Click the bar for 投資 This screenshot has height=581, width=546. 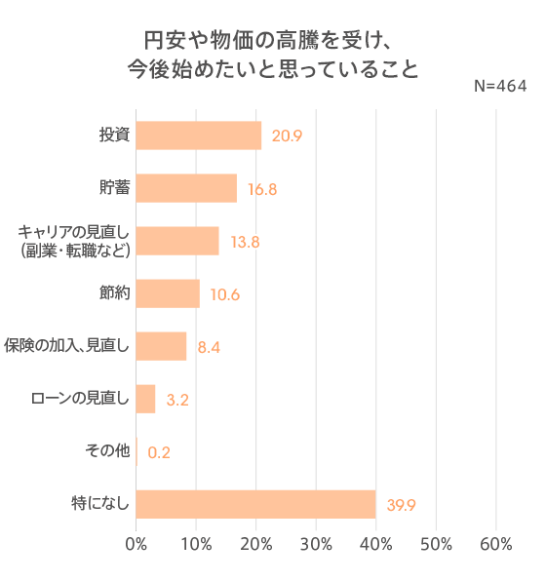coord(199,136)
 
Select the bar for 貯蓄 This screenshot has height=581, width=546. coord(186,188)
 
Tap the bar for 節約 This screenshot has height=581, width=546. coord(168,293)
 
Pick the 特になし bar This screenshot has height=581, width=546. coord(255,504)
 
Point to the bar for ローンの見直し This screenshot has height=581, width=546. coord(145,399)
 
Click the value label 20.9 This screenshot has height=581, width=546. coord(287,136)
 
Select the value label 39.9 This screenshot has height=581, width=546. coord(402,505)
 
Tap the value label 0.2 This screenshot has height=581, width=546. coord(160,452)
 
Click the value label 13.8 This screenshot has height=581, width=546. coord(244,242)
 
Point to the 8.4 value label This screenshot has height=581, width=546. coord(209,347)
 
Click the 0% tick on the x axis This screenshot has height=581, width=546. coord(136,544)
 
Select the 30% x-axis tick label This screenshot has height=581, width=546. coord(316,544)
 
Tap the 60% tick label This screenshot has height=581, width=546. coord(496,544)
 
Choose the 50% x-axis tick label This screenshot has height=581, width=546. coord(436,544)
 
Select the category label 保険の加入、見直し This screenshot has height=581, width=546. coord(66,346)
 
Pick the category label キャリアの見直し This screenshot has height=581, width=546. coord(74,232)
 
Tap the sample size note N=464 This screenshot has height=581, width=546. coord(499,86)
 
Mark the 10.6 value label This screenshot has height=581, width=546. coord(224,294)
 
